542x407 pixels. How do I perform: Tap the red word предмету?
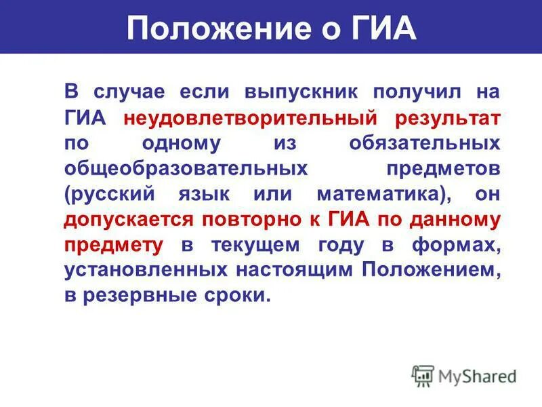click(113, 245)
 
